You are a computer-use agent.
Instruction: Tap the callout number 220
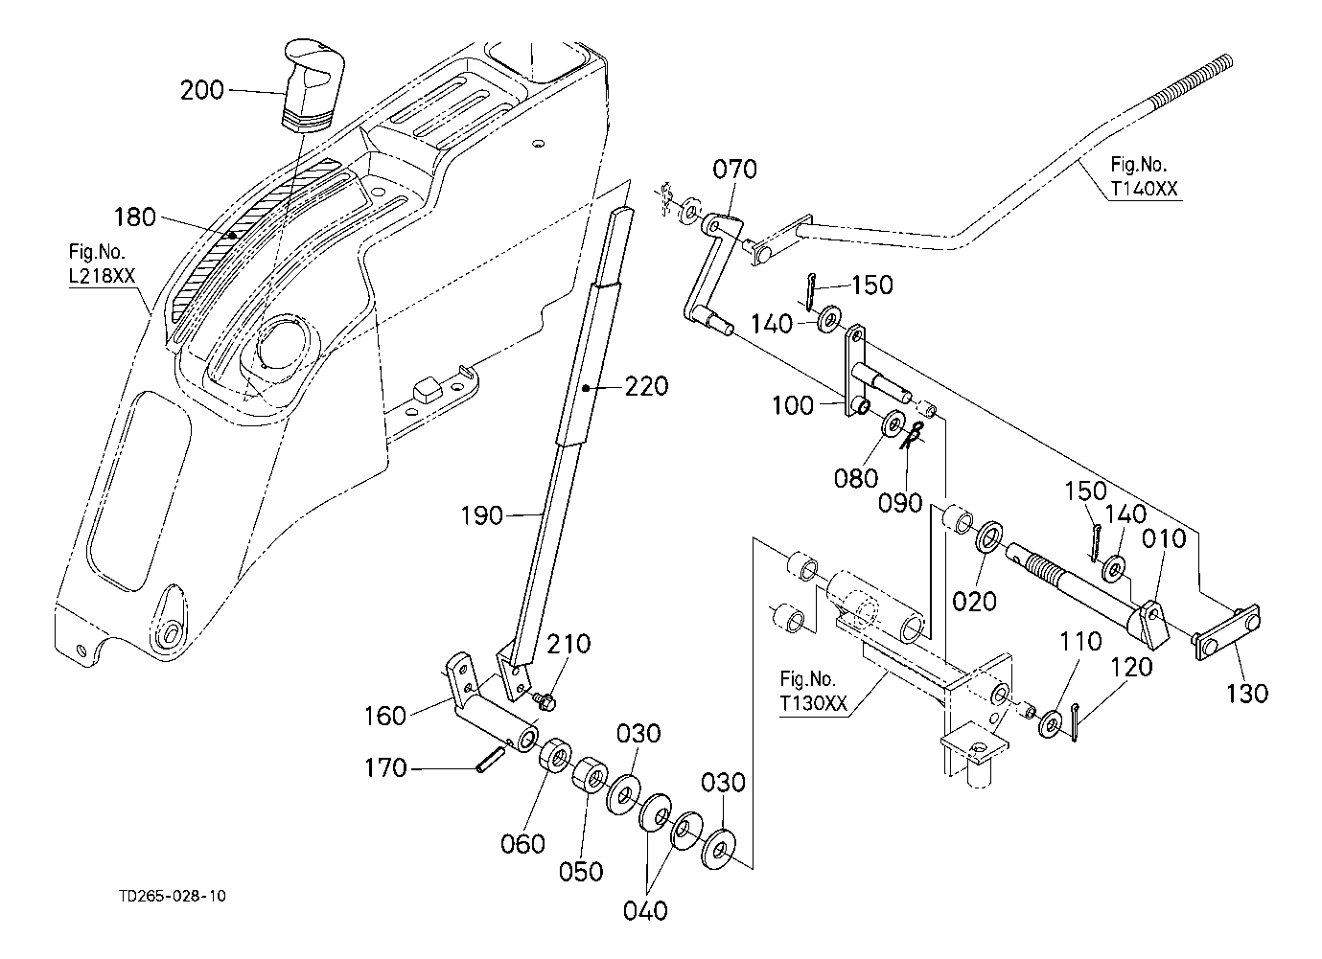click(646, 387)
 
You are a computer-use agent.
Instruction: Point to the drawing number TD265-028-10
click(173, 896)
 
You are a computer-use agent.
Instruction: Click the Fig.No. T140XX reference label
click(1144, 176)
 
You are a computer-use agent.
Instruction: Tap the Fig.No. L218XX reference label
click(102, 264)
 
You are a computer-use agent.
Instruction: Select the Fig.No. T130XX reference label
click(813, 692)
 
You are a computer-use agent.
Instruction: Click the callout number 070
click(734, 170)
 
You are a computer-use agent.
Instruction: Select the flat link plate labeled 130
click(1227, 632)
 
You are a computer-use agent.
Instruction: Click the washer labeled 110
click(1050, 723)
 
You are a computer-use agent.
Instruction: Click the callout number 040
click(645, 911)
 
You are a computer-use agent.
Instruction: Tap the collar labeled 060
click(554, 754)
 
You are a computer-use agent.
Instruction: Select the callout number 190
click(481, 516)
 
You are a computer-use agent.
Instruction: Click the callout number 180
click(134, 217)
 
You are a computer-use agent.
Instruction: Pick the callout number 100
click(793, 406)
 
